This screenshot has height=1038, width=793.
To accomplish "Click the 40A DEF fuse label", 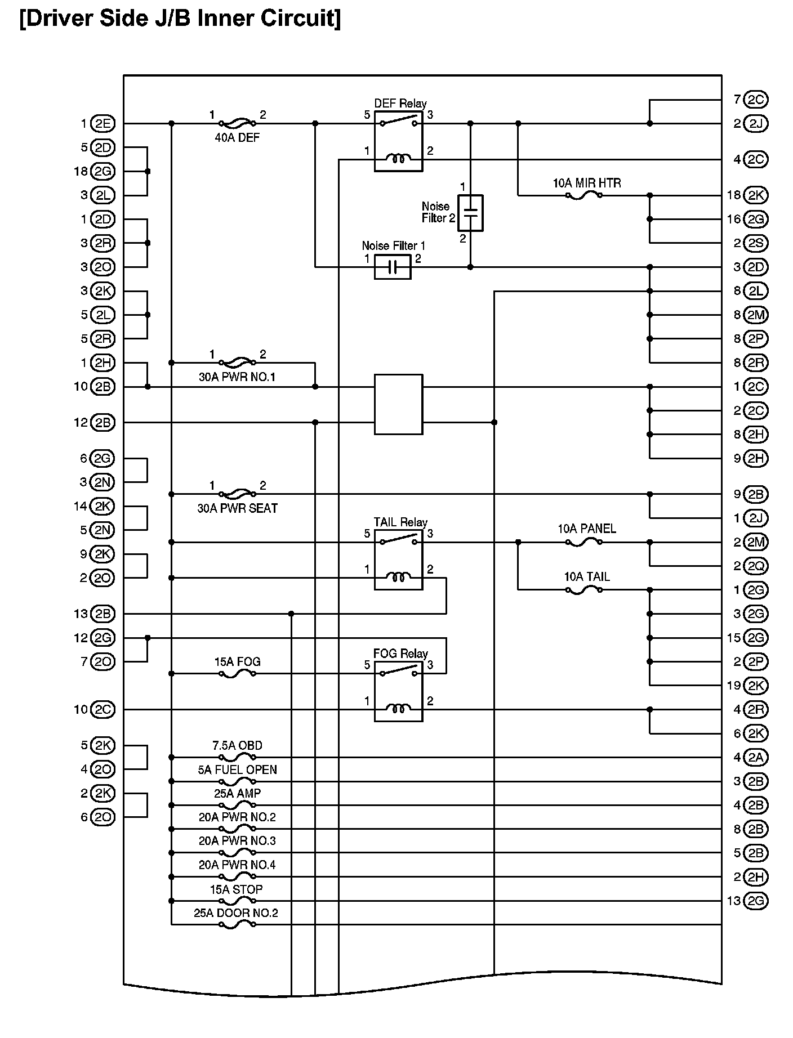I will (237, 137).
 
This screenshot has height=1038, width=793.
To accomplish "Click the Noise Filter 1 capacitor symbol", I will (393, 267).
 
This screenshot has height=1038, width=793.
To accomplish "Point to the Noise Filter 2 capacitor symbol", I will (470, 213).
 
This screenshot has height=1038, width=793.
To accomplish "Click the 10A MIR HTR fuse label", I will (586, 183).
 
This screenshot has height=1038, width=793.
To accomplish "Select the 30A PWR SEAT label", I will (237, 508).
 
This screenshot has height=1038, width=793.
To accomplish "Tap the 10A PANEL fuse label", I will (586, 529).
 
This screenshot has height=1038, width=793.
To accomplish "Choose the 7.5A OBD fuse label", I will (237, 745).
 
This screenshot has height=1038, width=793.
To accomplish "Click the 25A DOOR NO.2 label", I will (236, 913).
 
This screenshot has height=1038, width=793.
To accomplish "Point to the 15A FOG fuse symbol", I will (237, 674).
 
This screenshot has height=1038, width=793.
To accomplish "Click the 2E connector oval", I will (102, 124).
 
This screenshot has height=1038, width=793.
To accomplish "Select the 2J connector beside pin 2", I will (755, 124).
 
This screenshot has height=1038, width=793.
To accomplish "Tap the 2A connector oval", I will (755, 758).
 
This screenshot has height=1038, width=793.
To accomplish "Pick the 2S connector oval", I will (755, 243).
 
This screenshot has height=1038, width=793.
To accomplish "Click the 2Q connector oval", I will (755, 566).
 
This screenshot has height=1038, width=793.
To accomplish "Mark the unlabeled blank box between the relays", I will (398, 405).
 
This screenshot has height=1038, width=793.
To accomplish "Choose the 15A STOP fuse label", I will (236, 889).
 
